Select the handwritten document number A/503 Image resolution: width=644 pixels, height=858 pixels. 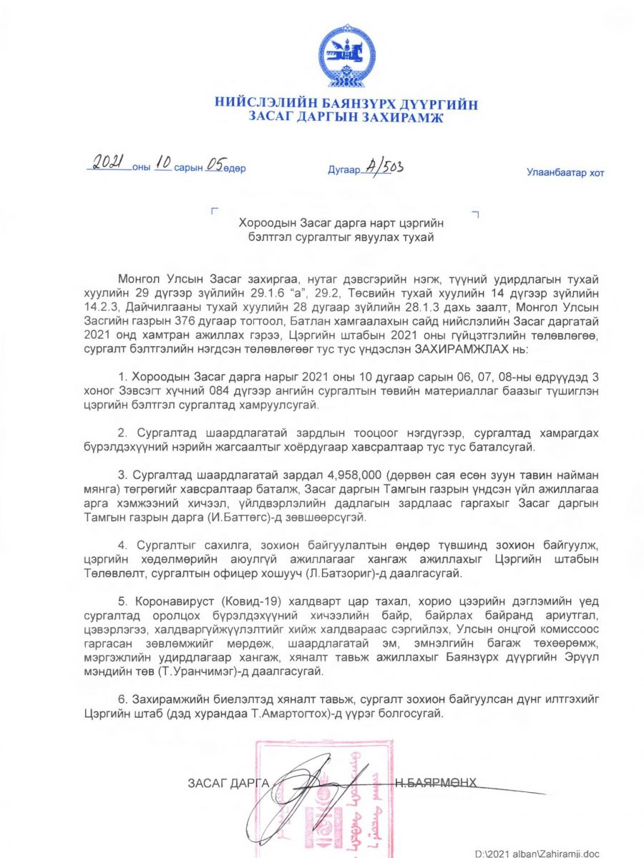[384, 167]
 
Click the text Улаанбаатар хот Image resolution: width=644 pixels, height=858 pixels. [565, 173]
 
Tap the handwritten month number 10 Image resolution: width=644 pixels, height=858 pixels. [162, 164]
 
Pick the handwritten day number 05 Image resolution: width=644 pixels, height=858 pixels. [213, 164]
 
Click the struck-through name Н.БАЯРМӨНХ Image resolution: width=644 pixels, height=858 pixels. [435, 782]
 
